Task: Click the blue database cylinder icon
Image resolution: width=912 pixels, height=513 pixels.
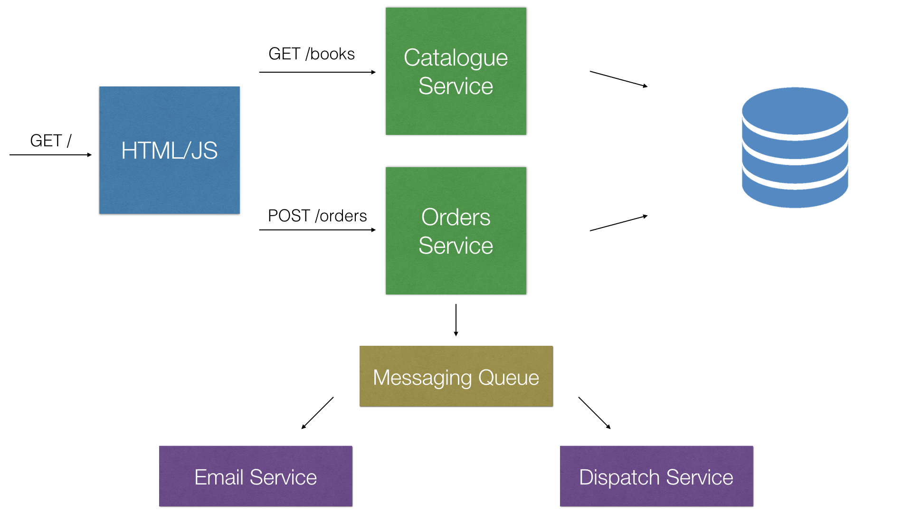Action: coord(795,147)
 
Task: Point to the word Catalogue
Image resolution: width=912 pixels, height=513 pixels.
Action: coord(456,58)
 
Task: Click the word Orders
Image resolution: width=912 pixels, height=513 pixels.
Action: coord(456,218)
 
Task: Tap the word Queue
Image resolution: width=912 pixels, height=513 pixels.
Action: coord(508,378)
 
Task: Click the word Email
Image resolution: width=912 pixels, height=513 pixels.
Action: coord(218,477)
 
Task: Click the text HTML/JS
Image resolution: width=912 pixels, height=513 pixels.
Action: coord(169,151)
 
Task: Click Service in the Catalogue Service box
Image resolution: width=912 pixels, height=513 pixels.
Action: coord(456,86)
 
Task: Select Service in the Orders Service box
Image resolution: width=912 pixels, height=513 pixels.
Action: coord(456,246)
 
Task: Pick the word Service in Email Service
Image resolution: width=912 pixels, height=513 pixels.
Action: coord(283,477)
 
